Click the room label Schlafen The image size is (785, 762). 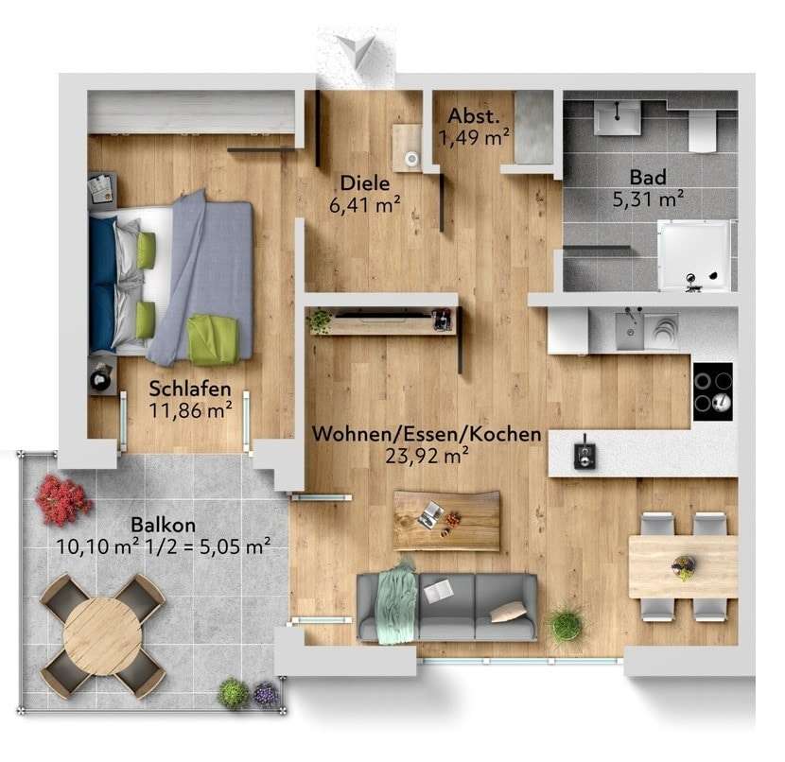tap(191, 389)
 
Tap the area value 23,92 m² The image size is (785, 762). tap(427, 456)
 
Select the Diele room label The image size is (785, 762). tap(363, 184)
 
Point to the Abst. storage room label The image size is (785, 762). tap(474, 117)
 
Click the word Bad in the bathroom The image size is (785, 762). tap(648, 177)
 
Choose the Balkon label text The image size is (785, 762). tap(164, 525)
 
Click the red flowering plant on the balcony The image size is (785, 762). tap(63, 499)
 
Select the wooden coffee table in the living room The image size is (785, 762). tap(446, 519)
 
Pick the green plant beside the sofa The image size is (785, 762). tap(566, 623)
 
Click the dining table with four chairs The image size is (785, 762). tap(682, 566)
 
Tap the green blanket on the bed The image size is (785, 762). tap(213, 339)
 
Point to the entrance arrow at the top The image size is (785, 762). tap(358, 50)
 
